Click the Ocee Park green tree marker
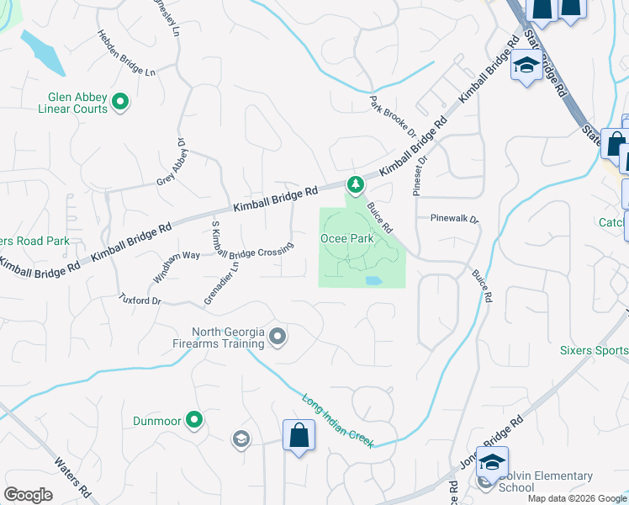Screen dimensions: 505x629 coord(356,183)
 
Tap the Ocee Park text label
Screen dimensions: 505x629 coord(346,238)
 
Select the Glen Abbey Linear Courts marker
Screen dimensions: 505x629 coord(120,103)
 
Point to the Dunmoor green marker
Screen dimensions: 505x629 coord(195,419)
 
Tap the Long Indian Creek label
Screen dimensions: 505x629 coord(337,418)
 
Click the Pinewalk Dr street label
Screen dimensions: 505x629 coord(454,218)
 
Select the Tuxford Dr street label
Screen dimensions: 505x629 coord(139,299)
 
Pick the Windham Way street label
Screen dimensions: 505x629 coord(177,267)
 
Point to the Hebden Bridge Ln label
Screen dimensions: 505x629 coord(127,55)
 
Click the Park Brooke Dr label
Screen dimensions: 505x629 coord(394,116)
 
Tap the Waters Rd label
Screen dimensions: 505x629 coord(71,475)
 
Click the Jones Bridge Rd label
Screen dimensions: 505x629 coord(491,442)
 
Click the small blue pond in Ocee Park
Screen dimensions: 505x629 coord(373,280)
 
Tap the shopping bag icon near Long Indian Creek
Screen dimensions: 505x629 coord(299,436)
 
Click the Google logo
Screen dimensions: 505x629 coord(29,495)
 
